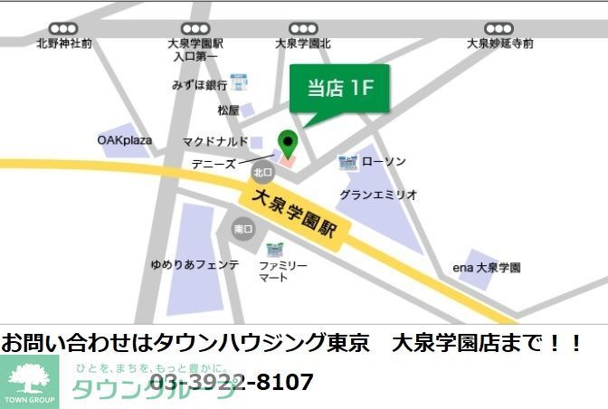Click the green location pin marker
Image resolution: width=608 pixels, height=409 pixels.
coord(287,143)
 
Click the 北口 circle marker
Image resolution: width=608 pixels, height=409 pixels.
coord(262,172)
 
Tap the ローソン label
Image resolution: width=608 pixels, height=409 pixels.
coord(384,162)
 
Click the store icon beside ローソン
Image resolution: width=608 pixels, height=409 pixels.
coord(347,163)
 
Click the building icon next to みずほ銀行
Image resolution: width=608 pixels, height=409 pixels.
coord(240,83)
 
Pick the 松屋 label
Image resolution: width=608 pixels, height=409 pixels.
coord(228,110)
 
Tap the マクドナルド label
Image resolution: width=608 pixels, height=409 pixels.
coord(215,142)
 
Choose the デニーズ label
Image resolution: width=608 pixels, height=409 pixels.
coord(214,164)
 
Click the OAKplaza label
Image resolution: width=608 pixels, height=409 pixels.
coord(125,140)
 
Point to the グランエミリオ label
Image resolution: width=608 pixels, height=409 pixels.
coord(378,195)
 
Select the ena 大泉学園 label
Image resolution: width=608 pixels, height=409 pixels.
coord(487,268)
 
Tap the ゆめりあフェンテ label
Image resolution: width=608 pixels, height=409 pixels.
coord(195,265)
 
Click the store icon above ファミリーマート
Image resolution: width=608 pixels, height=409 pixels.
coord(274,248)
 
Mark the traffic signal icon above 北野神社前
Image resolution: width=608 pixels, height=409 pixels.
coord(63,29)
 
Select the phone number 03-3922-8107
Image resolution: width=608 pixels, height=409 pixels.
coord(231,382)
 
